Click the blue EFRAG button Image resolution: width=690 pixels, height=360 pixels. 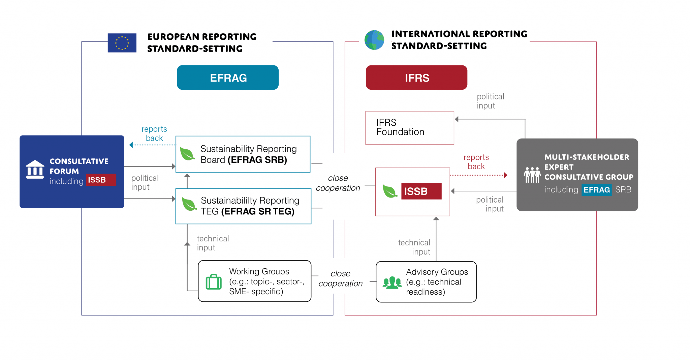[x=228, y=78]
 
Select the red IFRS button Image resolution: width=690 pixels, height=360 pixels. [x=416, y=78]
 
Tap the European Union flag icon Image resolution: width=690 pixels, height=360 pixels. [x=122, y=43]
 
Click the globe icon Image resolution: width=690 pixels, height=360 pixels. [x=374, y=40]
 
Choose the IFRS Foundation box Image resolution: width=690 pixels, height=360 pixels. [x=410, y=128]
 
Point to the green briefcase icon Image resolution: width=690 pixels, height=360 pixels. [x=214, y=282]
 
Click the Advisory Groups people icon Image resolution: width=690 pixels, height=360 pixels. [x=392, y=282]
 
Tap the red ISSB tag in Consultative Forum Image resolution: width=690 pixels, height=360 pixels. [x=101, y=180]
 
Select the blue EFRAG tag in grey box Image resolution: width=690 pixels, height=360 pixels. [x=596, y=190]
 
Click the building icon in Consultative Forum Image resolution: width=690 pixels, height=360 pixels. [x=35, y=169]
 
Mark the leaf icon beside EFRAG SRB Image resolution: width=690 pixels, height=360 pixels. [x=187, y=154]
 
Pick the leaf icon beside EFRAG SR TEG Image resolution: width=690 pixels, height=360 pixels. [x=189, y=204]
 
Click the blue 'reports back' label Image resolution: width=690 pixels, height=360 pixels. [x=154, y=133]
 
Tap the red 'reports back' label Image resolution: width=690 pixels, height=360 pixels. [x=476, y=162]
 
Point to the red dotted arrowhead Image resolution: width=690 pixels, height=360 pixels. [x=505, y=175]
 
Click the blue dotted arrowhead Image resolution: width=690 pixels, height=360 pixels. [x=131, y=145]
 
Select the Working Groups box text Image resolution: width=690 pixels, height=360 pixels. [x=266, y=281]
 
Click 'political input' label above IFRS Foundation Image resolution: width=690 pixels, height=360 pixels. [x=490, y=101]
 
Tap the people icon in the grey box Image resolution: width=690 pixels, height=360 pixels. [x=532, y=175]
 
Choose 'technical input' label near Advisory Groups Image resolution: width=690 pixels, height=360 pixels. [x=414, y=247]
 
